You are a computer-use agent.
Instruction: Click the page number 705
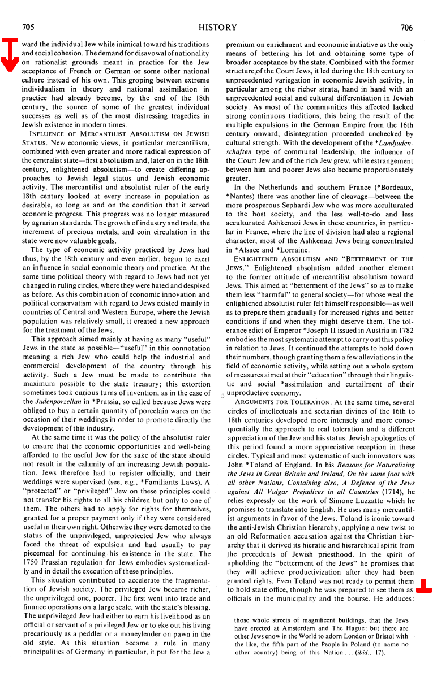28,27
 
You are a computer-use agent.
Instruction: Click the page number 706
406,27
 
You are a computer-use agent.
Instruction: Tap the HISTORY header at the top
218,27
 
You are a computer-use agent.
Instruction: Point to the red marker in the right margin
424,587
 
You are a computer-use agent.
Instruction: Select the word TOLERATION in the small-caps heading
311,402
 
